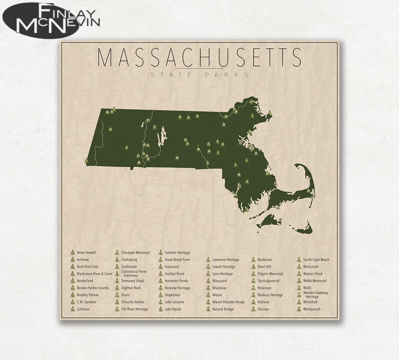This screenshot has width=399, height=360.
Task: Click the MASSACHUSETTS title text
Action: pos(199,57)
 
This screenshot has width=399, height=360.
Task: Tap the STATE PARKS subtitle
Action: pos(199,75)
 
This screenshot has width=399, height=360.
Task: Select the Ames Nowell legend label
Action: pos(86,253)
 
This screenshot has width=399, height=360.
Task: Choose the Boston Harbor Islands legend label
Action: pos(93,288)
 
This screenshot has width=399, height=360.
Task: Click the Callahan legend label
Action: pos(83,309)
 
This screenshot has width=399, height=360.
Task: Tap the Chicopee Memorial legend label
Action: pos(135,253)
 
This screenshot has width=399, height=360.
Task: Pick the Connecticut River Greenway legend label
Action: pos(134,274)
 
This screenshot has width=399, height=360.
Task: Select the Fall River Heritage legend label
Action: pos(134,309)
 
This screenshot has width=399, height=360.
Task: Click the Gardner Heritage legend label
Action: pos(177,253)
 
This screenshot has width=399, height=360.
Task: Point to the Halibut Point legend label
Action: pos(174,274)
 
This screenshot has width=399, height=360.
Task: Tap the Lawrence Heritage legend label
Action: pos(226,260)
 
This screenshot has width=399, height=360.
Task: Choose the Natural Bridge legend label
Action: pos(223,309)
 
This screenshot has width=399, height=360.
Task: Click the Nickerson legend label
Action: pos(265,260)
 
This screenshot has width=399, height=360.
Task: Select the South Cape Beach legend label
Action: pos(316,260)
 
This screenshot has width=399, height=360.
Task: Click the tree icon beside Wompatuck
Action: pos(299,309)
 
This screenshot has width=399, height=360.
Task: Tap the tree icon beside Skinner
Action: pos(253,309)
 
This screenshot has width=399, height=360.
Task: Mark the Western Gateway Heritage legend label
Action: pos(316,295)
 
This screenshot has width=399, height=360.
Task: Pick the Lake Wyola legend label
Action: pos(173,309)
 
